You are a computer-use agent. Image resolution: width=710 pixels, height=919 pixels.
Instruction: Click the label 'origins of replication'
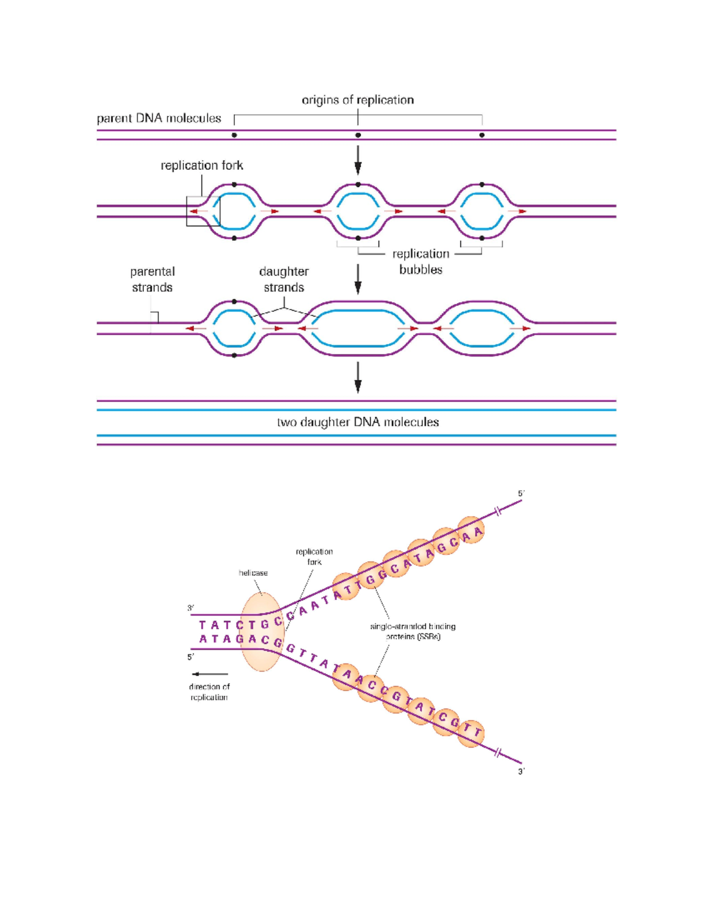[x=357, y=100]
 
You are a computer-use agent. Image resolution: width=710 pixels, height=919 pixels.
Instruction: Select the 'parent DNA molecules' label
[x=159, y=118]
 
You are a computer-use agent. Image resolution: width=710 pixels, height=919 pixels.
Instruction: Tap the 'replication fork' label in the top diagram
[x=202, y=166]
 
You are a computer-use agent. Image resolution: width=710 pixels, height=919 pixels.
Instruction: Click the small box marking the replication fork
[x=203, y=211]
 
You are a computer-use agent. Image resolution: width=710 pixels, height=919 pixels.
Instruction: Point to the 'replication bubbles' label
[x=421, y=262]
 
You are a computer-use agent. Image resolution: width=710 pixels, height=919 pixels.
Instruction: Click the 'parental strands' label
[x=152, y=279]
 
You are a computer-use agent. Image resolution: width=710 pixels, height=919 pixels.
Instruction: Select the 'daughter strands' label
[x=284, y=279]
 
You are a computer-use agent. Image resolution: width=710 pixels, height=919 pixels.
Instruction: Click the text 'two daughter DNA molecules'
[x=357, y=423]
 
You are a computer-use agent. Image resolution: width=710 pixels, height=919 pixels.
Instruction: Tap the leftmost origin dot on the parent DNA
[x=234, y=136]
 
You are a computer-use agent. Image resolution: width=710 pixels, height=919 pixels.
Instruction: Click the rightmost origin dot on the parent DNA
[x=482, y=136]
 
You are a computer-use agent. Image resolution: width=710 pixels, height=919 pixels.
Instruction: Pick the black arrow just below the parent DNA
[x=357, y=160]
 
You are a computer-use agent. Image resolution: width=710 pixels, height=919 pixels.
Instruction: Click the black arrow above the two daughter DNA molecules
[x=357, y=378]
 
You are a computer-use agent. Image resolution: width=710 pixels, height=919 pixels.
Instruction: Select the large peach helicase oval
[x=262, y=632]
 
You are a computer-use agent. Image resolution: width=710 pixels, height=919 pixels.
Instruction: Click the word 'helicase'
[x=253, y=573]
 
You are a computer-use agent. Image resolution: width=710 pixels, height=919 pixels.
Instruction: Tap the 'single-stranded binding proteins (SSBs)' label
[x=413, y=631]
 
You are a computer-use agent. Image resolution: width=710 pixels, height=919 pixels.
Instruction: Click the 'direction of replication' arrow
[x=210, y=674]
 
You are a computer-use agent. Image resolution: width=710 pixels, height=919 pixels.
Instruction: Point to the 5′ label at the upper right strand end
[x=521, y=494]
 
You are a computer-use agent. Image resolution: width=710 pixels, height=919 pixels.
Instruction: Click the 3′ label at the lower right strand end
[x=521, y=772]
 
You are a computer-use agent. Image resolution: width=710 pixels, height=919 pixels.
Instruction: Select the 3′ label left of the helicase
[x=191, y=608]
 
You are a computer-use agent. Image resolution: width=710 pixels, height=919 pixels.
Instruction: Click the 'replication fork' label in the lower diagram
[x=314, y=557]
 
